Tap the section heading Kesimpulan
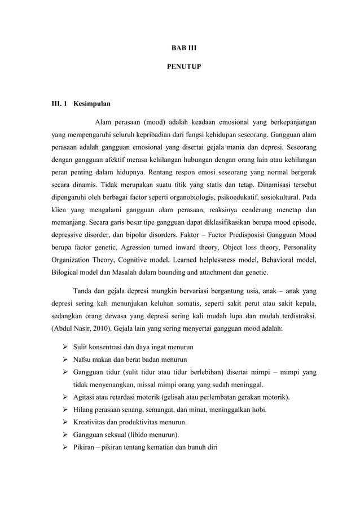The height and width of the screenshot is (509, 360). [x=92, y=104]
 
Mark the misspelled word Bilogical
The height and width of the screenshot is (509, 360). [x=64, y=273]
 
